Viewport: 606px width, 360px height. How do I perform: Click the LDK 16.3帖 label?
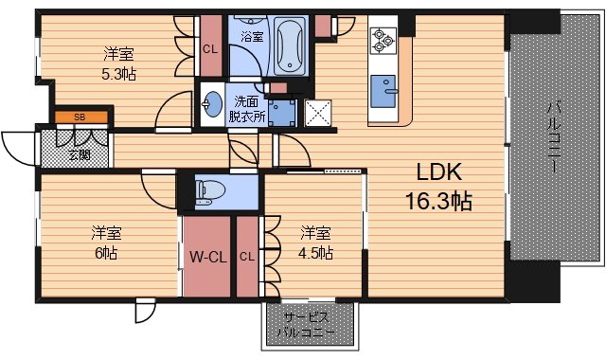[438, 187]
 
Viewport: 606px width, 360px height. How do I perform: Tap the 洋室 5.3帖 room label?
[116, 61]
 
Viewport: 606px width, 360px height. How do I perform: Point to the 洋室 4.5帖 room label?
[316, 243]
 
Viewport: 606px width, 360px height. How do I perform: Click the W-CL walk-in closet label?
[207, 256]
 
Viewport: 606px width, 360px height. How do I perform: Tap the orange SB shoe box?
[80, 117]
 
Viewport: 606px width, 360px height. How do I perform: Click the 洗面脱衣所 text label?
[245, 110]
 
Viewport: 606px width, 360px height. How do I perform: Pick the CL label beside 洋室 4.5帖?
[246, 256]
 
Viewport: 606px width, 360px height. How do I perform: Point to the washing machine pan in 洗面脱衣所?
[281, 111]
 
